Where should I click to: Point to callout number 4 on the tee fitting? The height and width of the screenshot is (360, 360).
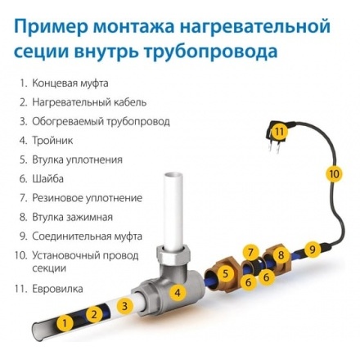click(x=175, y=290)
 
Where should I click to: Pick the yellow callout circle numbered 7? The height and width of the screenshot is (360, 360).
click(x=251, y=250)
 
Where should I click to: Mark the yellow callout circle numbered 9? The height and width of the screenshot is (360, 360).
click(x=311, y=246)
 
